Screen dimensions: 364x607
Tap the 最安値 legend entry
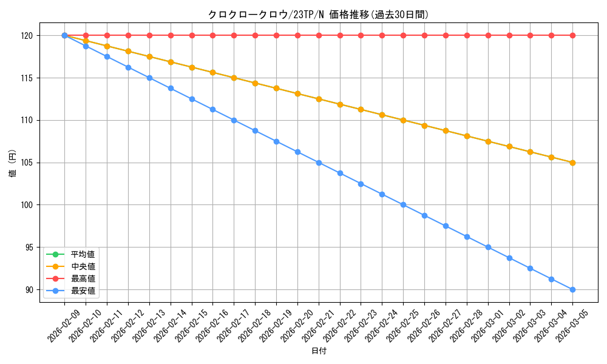coord(83,291)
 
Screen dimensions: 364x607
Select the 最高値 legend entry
coord(83,278)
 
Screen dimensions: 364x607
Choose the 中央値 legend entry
coord(83,266)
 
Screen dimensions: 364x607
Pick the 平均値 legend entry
coord(83,254)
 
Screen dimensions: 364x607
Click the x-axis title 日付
coord(319,351)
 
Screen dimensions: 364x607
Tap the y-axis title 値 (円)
coord(13,165)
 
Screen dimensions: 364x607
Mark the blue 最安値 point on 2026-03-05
coord(572,289)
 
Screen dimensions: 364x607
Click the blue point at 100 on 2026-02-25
coord(403,205)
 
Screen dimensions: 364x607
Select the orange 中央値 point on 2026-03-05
coord(572,163)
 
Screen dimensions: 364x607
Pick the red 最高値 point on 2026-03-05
coord(572,36)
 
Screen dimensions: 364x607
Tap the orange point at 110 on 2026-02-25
coord(403,120)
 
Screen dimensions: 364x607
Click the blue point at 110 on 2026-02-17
coord(234,120)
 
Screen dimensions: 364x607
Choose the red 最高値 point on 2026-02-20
coord(297,36)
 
